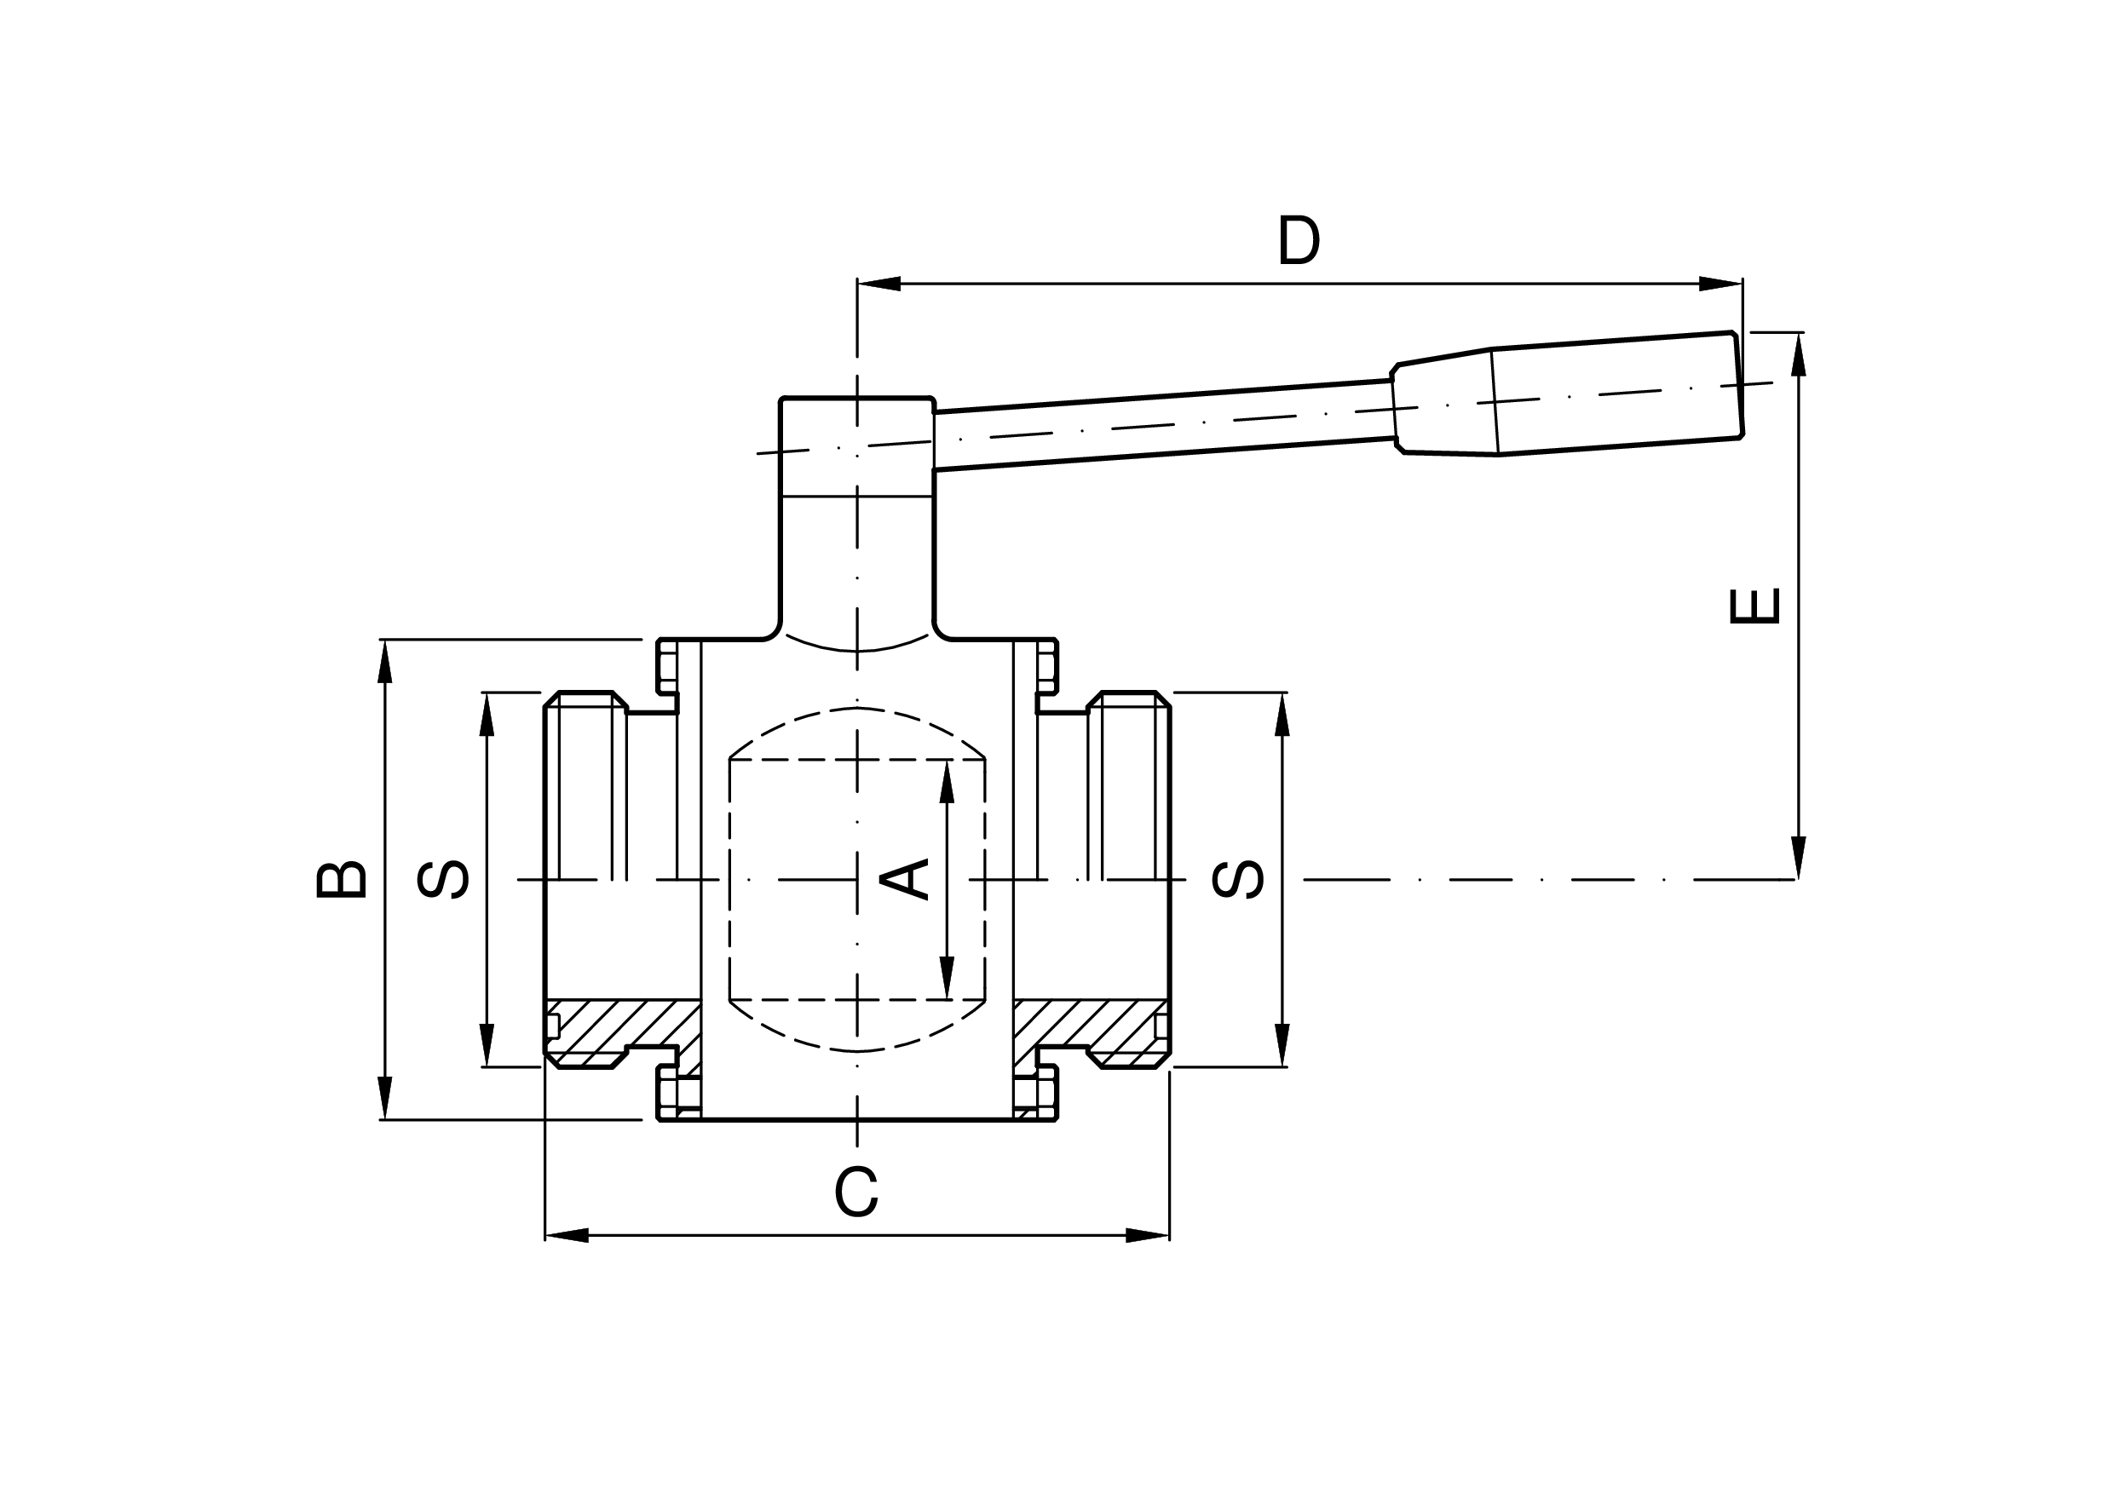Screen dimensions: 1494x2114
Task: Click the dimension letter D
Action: (x=1299, y=240)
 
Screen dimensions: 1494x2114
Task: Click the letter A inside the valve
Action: (x=905, y=878)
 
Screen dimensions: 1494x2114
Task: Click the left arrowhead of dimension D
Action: (x=878, y=284)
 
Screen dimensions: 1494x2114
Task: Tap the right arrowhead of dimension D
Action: (x=1721, y=284)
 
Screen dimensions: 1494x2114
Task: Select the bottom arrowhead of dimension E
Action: (x=1798, y=857)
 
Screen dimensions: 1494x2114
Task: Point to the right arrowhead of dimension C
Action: (x=1148, y=1235)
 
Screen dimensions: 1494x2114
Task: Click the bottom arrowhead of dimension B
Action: (x=385, y=1097)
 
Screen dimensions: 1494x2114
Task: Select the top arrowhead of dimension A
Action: (x=947, y=782)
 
